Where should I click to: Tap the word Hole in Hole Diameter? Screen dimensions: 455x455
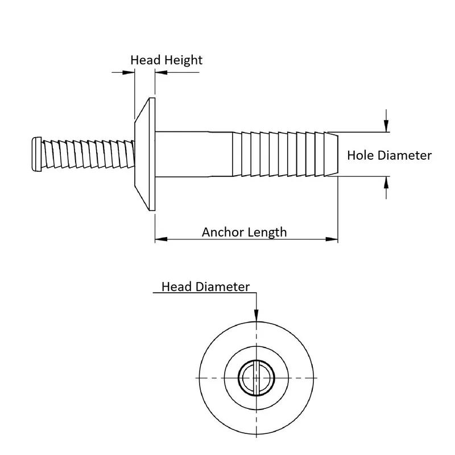pyautogui.click(x=360, y=155)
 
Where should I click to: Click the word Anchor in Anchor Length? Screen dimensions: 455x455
pyautogui.click(x=220, y=232)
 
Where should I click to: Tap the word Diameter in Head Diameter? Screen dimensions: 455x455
pyautogui.click(x=222, y=287)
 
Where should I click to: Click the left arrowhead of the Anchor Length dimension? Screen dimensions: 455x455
pyautogui.click(x=162, y=239)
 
